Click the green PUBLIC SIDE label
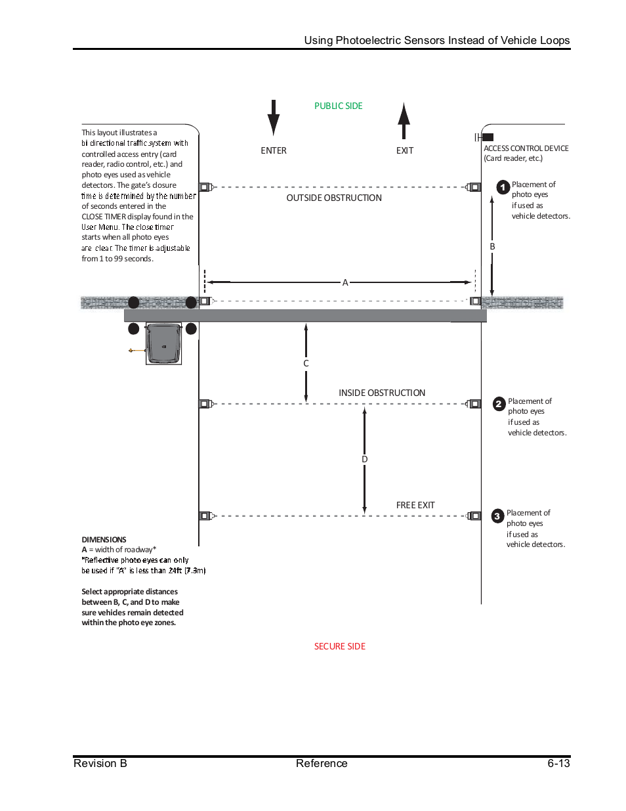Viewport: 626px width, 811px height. coord(338,106)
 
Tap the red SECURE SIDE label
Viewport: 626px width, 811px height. coord(339,646)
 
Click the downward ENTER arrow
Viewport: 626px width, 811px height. coord(274,118)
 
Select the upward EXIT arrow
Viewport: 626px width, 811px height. coord(404,121)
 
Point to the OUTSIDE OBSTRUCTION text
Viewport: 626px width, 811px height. coord(334,198)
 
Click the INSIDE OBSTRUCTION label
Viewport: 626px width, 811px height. coord(382,393)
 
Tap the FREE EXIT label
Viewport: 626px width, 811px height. coord(415,505)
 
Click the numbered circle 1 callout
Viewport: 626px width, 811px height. coord(503,187)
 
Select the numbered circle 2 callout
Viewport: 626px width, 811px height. coord(499,404)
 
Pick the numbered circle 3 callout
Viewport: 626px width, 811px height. coord(497,516)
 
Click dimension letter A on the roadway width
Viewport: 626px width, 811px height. coord(345,282)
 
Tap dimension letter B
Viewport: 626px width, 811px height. coord(492,246)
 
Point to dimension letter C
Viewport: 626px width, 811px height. coord(306,363)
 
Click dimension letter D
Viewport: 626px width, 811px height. coord(365,459)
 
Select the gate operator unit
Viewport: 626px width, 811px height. coord(163,343)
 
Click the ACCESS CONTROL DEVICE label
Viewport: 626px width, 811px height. coord(526,148)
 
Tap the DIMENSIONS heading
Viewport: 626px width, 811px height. coord(104,540)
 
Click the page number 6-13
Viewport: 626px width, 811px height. coord(558,763)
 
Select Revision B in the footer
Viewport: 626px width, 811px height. coord(100,763)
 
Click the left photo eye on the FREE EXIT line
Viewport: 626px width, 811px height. coord(205,516)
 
